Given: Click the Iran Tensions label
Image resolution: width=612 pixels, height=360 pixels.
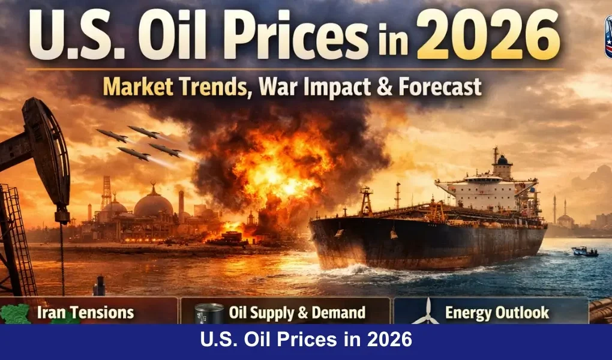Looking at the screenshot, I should (x=85, y=312).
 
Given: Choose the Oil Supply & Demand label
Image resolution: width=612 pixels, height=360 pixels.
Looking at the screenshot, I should (x=297, y=312).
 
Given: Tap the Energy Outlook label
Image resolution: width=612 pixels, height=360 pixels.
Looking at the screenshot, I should (x=497, y=312).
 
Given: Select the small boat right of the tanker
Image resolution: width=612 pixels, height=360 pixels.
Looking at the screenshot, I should (x=584, y=251).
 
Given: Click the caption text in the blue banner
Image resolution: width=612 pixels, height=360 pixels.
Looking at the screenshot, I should (x=306, y=341).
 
